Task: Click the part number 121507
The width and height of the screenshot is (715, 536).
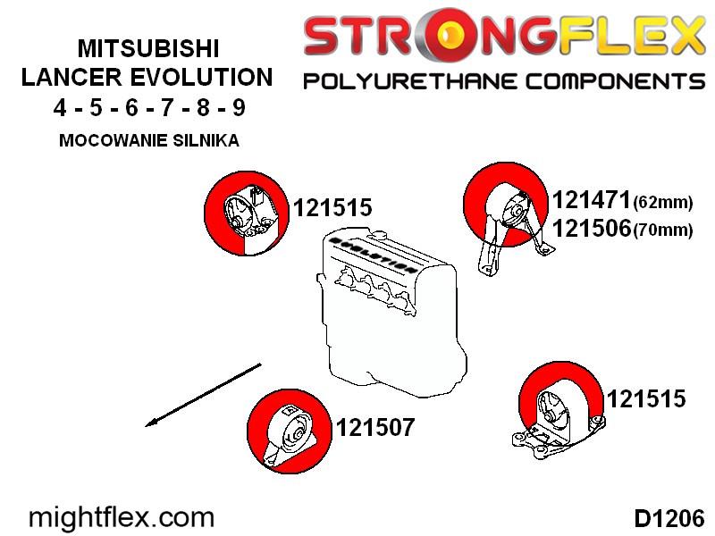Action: tap(375, 428)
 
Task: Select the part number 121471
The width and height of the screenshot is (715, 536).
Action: tap(592, 200)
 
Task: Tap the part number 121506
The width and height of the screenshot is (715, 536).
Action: tap(592, 228)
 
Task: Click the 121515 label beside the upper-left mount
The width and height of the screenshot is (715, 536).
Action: tap(332, 207)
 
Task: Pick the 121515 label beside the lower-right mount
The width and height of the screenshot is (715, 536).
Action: tap(646, 398)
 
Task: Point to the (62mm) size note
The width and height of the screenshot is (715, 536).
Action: tap(663, 202)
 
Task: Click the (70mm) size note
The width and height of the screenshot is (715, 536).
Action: tap(663, 230)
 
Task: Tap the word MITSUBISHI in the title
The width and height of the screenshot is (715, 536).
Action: tap(148, 48)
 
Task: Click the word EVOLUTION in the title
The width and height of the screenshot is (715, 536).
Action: tap(202, 77)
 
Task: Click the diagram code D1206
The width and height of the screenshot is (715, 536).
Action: tap(669, 519)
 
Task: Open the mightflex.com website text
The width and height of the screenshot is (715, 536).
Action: tap(122, 518)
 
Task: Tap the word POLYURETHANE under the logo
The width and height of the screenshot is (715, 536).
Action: tap(410, 81)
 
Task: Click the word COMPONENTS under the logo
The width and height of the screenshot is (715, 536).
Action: tap(615, 81)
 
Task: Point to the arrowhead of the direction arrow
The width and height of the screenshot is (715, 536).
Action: tap(146, 426)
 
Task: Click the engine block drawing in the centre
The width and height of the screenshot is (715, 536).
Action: tap(392, 314)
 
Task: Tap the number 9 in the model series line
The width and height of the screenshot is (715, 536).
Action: tap(239, 108)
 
